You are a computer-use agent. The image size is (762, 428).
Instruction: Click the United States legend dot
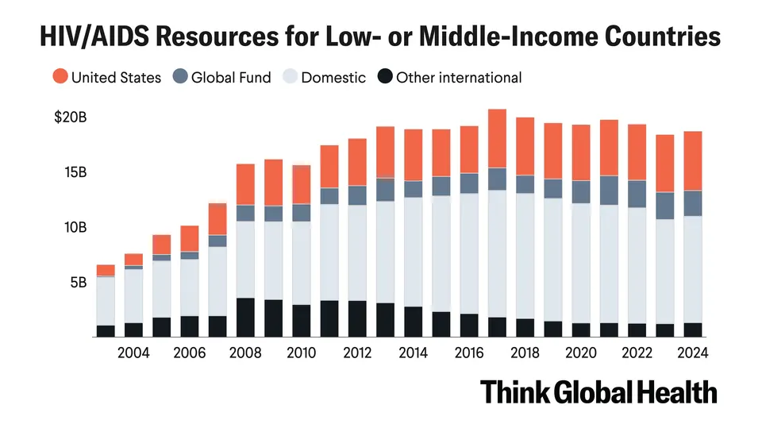tap(60, 76)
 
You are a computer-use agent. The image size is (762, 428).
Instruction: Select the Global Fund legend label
tap(231, 77)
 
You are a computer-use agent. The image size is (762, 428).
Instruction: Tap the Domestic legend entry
tap(325, 77)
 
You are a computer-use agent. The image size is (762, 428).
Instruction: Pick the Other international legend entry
tap(449, 77)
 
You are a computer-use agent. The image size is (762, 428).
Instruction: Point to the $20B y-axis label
tap(71, 117)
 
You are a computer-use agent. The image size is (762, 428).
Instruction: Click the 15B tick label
tap(75, 172)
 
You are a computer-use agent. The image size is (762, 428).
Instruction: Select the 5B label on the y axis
tap(79, 283)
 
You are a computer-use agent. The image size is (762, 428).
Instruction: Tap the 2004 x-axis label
tap(133, 353)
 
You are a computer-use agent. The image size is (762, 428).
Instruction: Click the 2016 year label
tap(469, 353)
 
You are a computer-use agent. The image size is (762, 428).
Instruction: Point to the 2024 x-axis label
tap(692, 353)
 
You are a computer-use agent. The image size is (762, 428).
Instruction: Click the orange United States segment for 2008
tap(245, 185)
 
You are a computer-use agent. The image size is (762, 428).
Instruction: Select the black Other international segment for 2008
tap(245, 318)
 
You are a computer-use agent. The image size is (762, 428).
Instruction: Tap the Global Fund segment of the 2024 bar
tap(693, 203)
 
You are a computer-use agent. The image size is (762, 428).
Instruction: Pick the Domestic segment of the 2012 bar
tap(357, 253)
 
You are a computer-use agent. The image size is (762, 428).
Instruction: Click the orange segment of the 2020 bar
tap(581, 152)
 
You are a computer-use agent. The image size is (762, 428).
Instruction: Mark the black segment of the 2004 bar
tap(133, 330)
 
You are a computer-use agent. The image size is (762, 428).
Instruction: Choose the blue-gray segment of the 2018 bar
tap(525, 184)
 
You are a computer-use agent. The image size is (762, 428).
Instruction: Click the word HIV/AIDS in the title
tap(94, 36)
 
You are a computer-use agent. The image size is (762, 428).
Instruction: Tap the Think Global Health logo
tap(598, 392)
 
